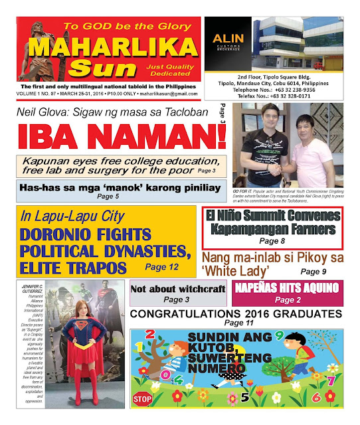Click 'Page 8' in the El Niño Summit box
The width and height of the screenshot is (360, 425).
[x=272, y=241]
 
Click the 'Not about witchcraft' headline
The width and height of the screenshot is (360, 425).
[x=175, y=289]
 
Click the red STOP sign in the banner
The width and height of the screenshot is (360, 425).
[x=142, y=399]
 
